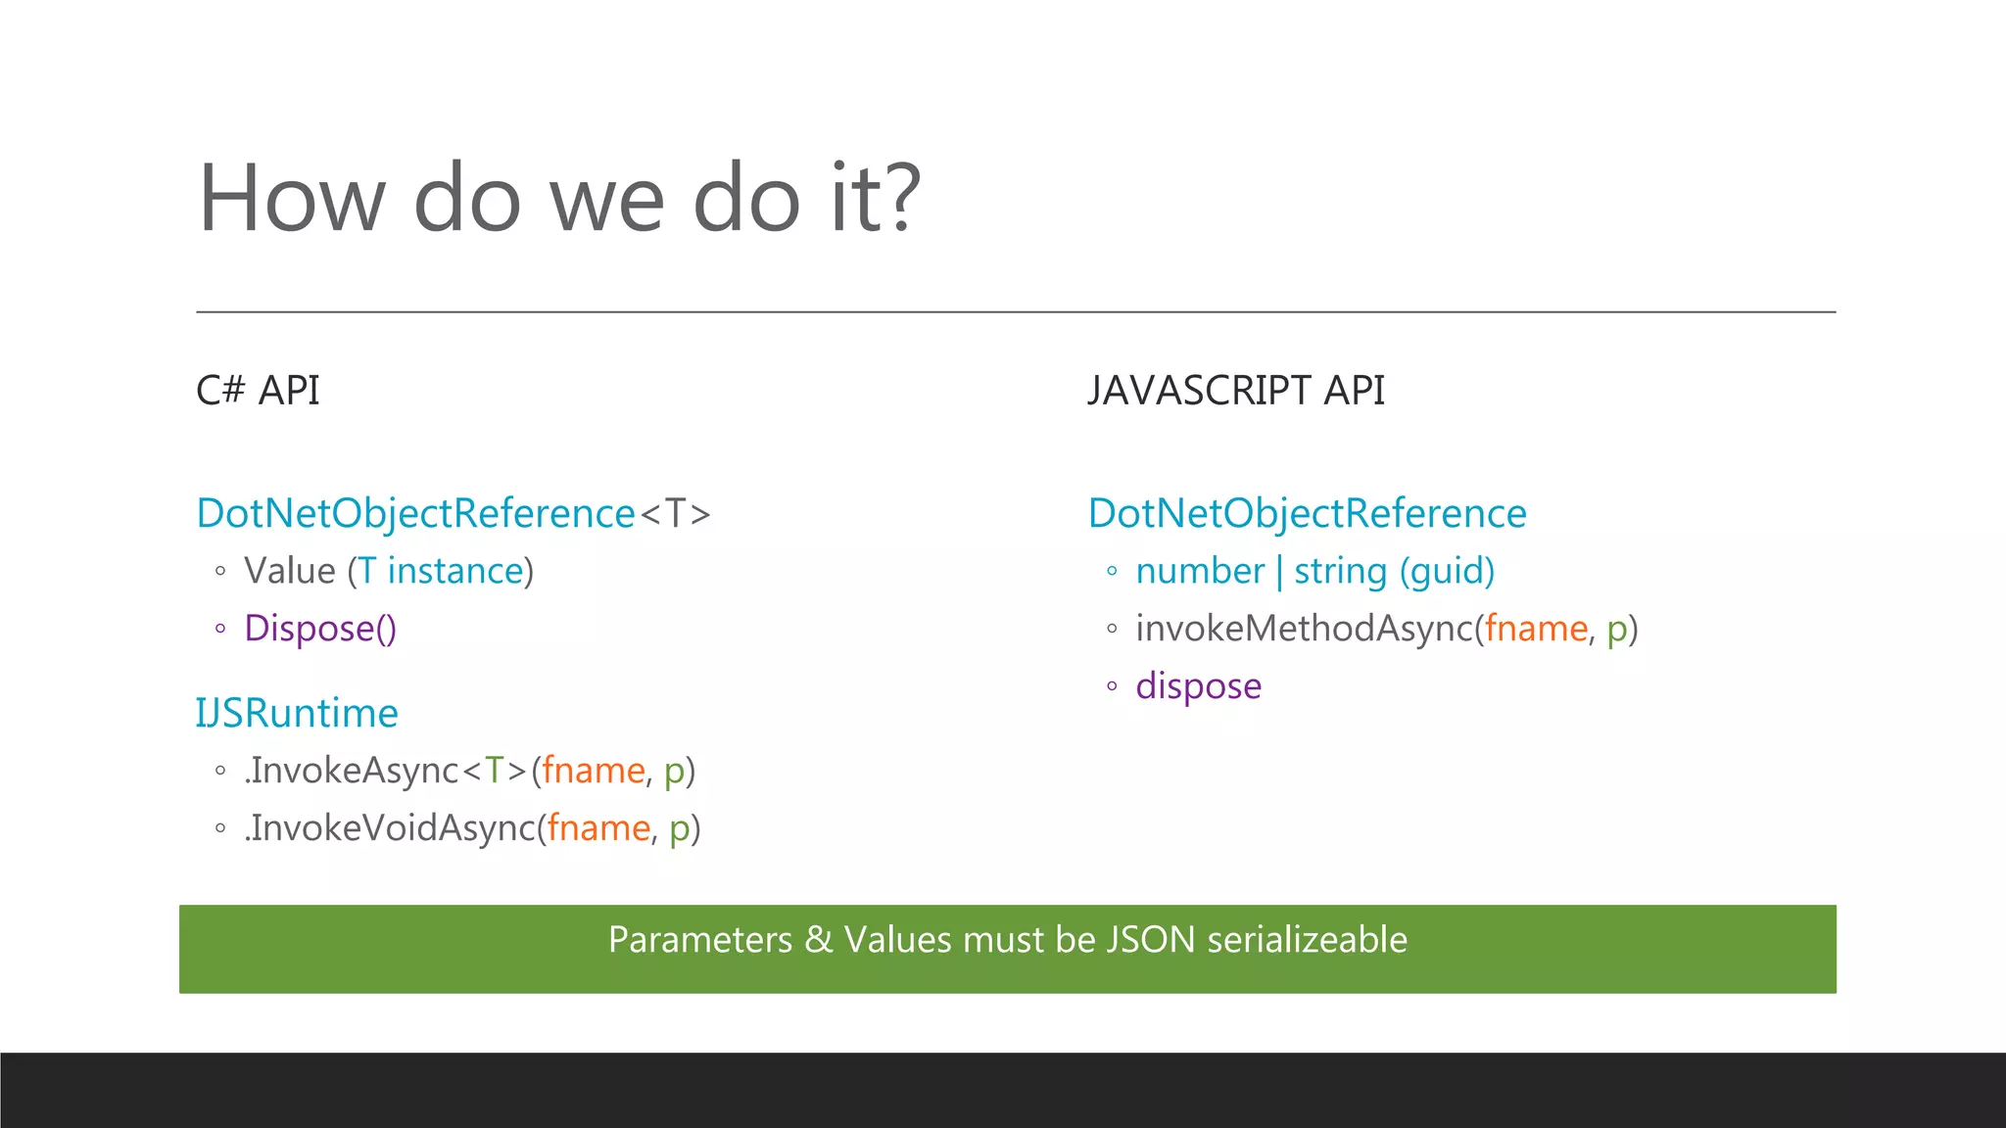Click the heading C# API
[x=258, y=391]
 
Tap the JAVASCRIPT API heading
[x=1236, y=391]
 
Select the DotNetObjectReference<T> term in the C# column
[x=453, y=513]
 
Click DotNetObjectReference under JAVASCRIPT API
[x=1307, y=513]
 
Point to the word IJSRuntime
[x=297, y=713]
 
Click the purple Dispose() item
[x=320, y=629]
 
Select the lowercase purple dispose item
[x=1198, y=686]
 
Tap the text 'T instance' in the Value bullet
[x=441, y=571]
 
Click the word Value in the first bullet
[x=290, y=571]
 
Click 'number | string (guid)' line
[x=1314, y=571]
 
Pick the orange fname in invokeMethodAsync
[x=1535, y=629]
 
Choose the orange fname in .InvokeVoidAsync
[x=597, y=828]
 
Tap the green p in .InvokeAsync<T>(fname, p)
[x=674, y=773]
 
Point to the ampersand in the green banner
[x=818, y=940]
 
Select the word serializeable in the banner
[x=1307, y=940]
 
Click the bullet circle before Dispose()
[x=220, y=629]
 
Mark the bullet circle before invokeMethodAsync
[x=1112, y=629]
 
